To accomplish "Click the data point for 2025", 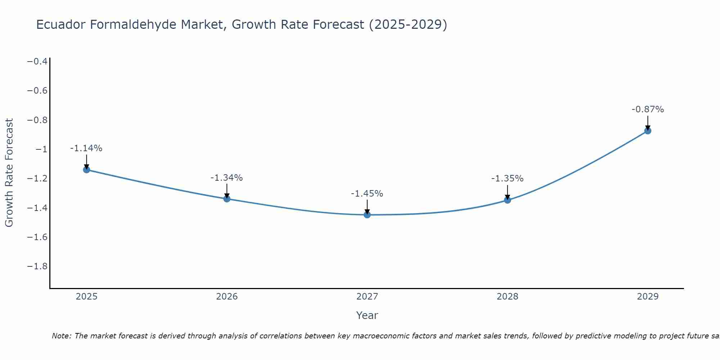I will click(x=86, y=170).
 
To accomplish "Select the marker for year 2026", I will click(x=227, y=199).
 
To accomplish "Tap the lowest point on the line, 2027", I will click(x=367, y=215).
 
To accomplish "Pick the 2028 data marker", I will click(x=508, y=200).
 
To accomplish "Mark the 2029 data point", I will click(x=648, y=131).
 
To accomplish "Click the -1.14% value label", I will click(x=86, y=148).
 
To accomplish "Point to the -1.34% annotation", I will click(x=227, y=178).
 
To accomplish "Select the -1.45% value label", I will click(x=367, y=194).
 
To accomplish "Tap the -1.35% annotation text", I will click(x=508, y=179).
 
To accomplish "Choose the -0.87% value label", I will click(x=648, y=109).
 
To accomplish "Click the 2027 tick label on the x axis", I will click(x=367, y=297).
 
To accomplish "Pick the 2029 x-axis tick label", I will click(x=648, y=297).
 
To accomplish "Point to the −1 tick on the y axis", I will click(x=41, y=149).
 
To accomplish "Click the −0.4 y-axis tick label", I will click(x=37, y=62).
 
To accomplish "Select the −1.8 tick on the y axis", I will click(x=37, y=266).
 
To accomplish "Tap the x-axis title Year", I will click(x=367, y=316).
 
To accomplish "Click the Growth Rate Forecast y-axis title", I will click(x=9, y=173).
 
